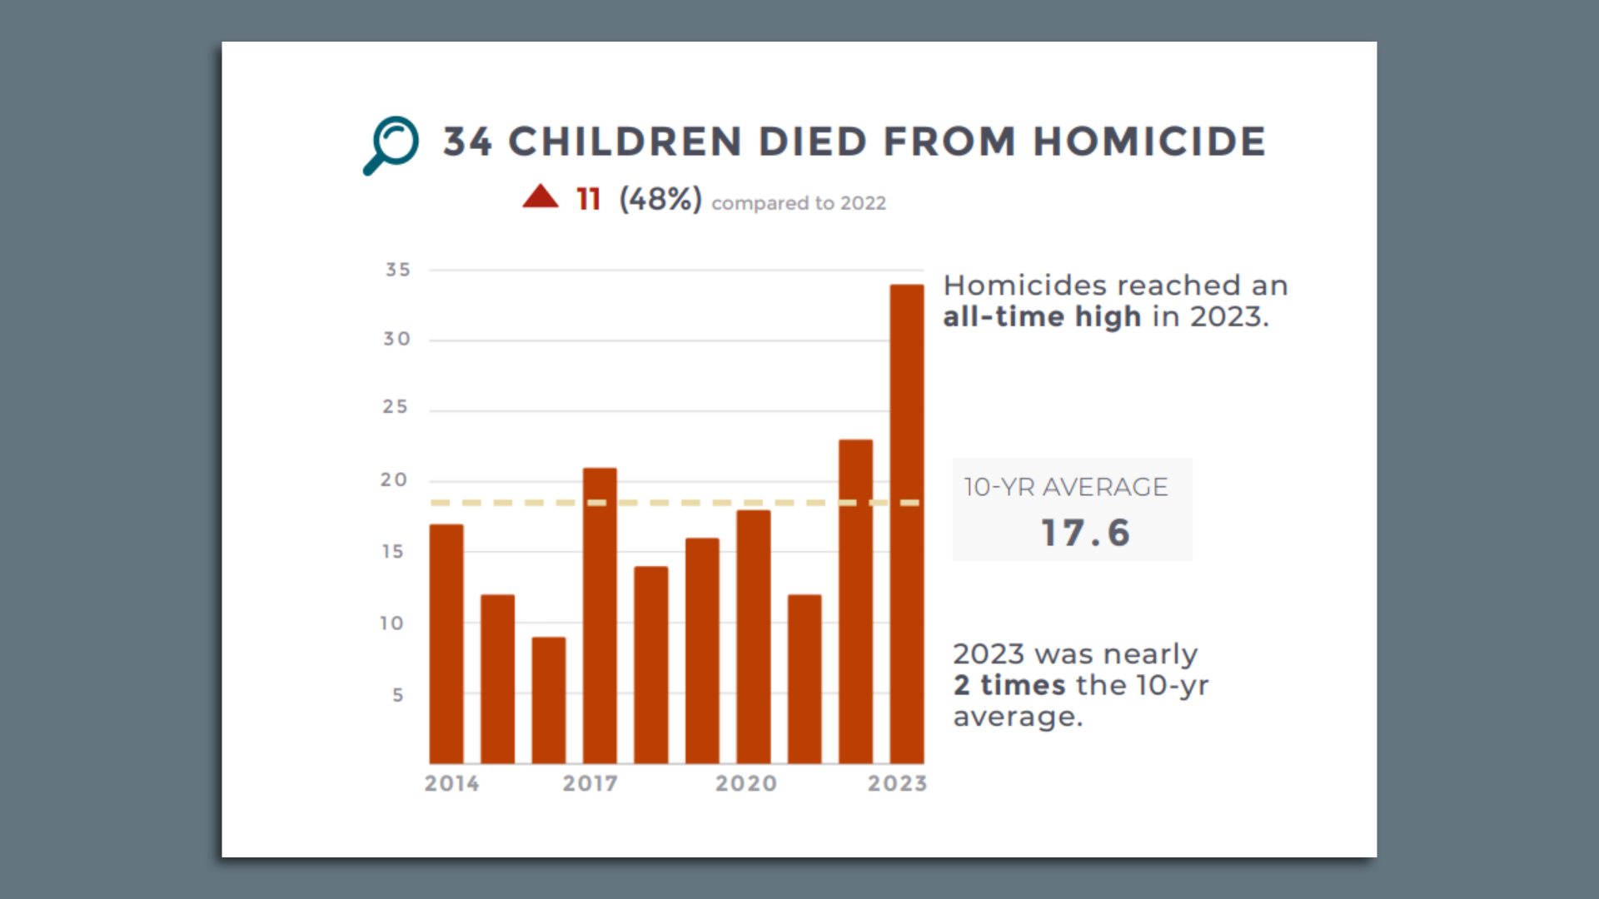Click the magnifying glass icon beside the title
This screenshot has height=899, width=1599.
(391, 145)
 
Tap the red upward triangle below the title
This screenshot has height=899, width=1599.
(540, 197)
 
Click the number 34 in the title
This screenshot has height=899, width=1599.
(467, 142)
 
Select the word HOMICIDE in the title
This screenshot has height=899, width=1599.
(1149, 142)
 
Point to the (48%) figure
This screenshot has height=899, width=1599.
(660, 200)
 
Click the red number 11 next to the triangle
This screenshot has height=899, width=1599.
(588, 200)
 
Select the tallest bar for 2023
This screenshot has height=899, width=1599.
(906, 524)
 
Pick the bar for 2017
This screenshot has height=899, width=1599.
(600, 616)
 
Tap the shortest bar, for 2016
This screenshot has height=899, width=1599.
(549, 700)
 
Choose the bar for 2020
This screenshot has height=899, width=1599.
(753, 637)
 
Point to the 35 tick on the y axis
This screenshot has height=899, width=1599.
(398, 270)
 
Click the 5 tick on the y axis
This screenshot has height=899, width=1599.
(398, 695)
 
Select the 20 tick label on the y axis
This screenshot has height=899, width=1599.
(394, 480)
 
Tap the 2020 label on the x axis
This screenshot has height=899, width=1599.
(746, 783)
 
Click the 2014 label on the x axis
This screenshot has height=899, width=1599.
(451, 783)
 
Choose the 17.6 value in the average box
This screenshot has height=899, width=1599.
(1085, 534)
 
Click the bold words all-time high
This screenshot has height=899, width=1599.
(1042, 317)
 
